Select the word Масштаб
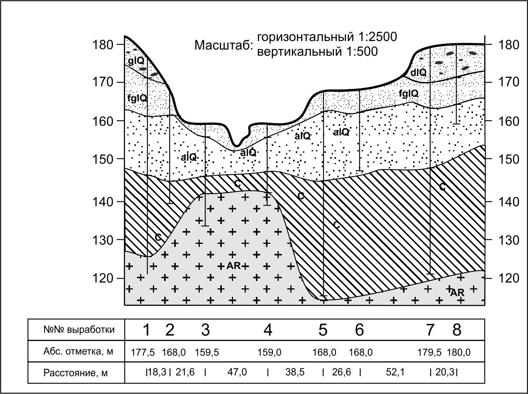(223, 45)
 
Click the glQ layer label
(136, 60)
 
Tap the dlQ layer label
(418, 72)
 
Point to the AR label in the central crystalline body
(234, 266)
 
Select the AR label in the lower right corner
(457, 293)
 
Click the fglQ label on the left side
(137, 98)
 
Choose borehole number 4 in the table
(268, 330)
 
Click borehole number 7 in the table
(430, 330)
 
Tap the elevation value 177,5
(143, 353)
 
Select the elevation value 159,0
(269, 353)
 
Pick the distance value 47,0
(237, 372)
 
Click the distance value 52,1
(395, 372)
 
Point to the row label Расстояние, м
(75, 373)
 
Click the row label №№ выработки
(79, 330)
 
